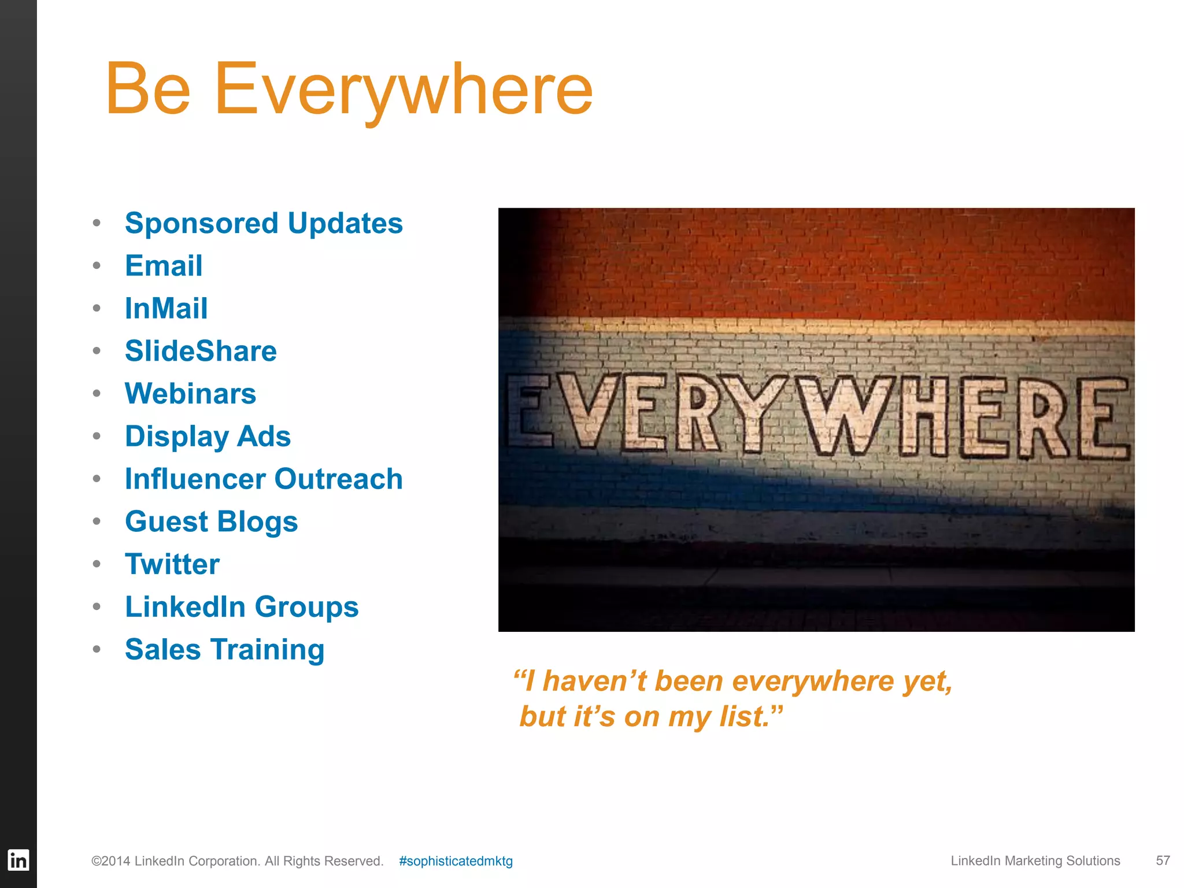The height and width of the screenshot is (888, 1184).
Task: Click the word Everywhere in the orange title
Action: point(403,90)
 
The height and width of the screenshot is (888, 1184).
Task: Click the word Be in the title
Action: point(148,90)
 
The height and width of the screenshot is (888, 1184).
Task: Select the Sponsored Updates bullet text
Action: point(264,223)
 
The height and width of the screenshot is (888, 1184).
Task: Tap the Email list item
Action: point(164,266)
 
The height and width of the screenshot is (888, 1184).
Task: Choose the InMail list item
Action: point(166,308)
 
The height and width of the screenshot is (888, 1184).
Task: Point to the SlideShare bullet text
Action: point(201,351)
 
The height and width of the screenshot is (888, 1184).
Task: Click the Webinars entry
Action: point(190,394)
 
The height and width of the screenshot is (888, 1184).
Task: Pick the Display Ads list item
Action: point(208,436)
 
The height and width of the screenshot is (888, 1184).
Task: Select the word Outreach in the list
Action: point(338,479)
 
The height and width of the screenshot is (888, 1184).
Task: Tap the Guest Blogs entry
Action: point(211,521)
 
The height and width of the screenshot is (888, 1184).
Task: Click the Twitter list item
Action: point(172,564)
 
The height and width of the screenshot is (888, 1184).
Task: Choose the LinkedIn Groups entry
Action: point(242,607)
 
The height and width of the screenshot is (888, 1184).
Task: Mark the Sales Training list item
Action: point(224,649)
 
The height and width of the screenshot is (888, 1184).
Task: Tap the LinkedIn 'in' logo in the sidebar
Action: point(18,860)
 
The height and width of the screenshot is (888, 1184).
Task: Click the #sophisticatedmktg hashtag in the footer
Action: point(456,861)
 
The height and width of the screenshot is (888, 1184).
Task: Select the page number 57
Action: point(1163,860)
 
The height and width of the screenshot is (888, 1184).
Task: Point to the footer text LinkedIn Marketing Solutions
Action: point(1035,860)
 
